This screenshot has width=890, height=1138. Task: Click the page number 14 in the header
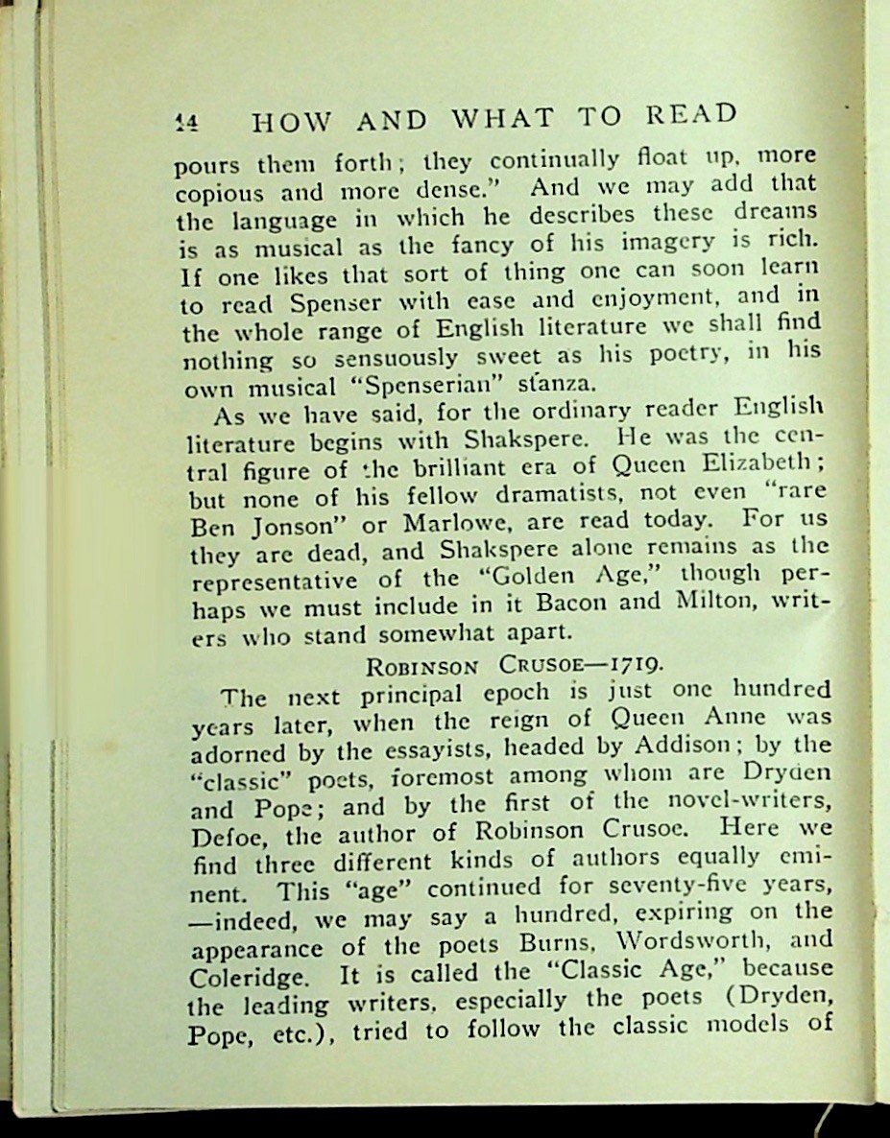(x=185, y=122)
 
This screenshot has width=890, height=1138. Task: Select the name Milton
(x=728, y=602)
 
